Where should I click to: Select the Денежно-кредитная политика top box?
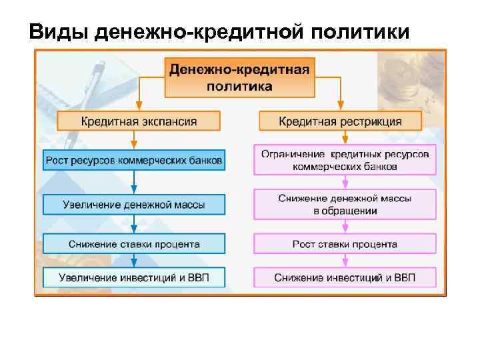pos(239,77)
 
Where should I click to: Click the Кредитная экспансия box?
pos(139,121)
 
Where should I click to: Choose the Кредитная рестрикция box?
pos(340,121)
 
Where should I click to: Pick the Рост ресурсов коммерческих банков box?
pos(135,160)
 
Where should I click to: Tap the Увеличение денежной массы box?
pos(135,203)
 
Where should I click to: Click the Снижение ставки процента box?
pos(135,243)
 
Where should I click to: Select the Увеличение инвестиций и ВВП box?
pos(135,277)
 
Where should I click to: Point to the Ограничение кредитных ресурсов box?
pos(345,160)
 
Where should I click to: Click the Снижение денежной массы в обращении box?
pos(345,204)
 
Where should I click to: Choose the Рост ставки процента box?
pos(345,243)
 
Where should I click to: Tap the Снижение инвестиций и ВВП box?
pos(345,277)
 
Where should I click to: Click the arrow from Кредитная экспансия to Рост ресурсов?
pos(135,140)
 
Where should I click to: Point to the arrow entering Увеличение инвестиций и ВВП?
pos(135,261)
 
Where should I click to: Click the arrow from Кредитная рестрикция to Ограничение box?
pos(345,137)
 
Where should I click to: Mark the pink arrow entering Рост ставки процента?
pos(345,227)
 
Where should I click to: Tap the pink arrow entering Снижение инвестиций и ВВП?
pos(345,261)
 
